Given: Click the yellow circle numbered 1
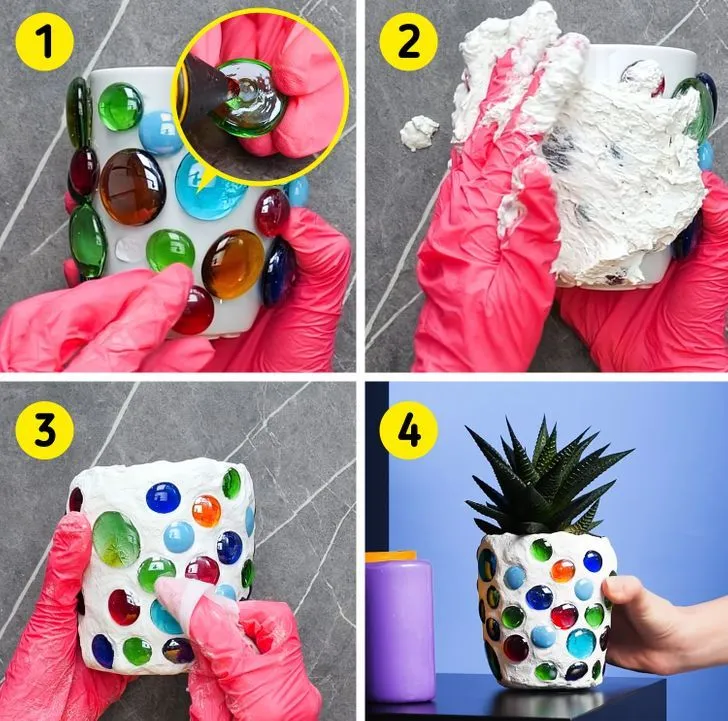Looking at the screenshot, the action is [45, 42].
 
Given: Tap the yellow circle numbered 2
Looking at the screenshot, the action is [409, 42].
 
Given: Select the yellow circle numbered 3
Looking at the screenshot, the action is [45, 430].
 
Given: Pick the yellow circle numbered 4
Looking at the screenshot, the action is [409, 430].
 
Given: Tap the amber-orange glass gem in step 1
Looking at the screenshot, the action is [233, 264].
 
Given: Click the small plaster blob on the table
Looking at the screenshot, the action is [419, 133].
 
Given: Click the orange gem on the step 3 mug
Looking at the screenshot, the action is [206, 511].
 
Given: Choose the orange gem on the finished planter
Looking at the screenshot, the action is [563, 571].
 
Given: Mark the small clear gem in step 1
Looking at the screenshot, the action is [128, 250].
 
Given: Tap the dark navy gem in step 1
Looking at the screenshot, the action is [278, 272].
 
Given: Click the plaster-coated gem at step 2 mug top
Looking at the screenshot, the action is [644, 77].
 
